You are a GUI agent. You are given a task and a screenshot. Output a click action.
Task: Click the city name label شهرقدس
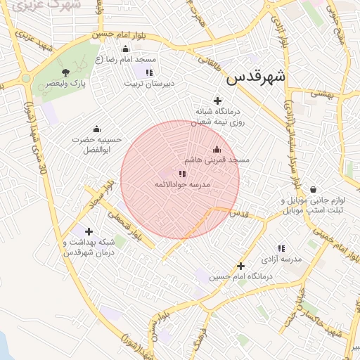click(255, 77)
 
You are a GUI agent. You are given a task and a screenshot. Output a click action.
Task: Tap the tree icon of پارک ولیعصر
click(66, 72)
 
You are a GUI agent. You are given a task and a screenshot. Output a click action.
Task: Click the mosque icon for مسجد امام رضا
click(125, 49)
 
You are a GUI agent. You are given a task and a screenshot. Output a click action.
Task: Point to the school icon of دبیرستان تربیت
click(148, 72)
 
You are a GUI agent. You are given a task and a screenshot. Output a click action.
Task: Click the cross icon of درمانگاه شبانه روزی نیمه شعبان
click(217, 101)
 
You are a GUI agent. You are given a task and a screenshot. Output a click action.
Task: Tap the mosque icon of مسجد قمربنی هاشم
click(217, 149)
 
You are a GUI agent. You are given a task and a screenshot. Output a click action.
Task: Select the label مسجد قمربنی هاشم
click(223, 160)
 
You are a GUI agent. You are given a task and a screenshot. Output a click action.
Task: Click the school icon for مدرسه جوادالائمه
click(182, 174)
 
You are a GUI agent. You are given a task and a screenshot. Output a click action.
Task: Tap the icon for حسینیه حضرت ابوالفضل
click(96, 129)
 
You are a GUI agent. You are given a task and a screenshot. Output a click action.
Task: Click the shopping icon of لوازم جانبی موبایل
click(312, 189)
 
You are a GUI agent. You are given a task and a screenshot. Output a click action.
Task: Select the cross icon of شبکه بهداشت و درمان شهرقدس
click(89, 231)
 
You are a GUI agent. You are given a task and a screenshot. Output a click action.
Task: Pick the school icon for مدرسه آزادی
click(281, 248)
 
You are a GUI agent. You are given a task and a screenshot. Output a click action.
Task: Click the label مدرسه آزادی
click(281, 259)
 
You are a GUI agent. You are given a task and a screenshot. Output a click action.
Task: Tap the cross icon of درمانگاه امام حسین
click(240, 266)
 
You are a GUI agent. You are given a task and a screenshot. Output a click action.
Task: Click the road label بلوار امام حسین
click(105, 33)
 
